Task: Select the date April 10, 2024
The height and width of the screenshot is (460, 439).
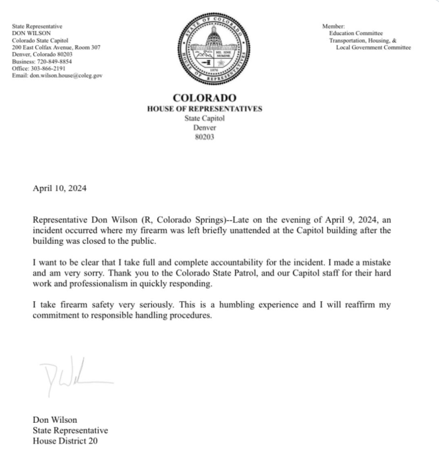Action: click(x=60, y=189)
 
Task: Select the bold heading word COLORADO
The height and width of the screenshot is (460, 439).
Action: click(x=204, y=98)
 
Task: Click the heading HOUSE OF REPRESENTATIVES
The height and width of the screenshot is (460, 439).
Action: click(x=204, y=108)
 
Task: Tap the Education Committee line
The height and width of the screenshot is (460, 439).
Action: click(x=356, y=33)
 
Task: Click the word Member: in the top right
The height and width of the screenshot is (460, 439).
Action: click(x=334, y=26)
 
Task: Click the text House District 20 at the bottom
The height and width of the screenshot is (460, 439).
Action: click(x=69, y=442)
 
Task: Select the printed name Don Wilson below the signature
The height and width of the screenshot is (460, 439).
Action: click(x=55, y=420)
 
